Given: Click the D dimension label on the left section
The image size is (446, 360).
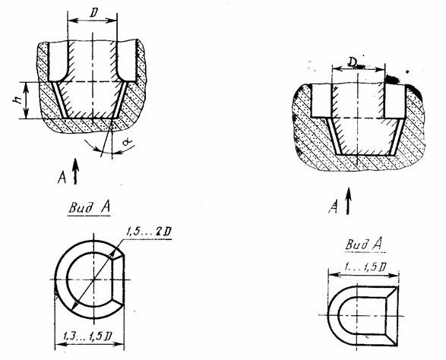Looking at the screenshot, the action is tap(93, 14).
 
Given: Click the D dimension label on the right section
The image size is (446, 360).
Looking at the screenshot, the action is tap(353, 62).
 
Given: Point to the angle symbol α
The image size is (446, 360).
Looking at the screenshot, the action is tap(127, 141).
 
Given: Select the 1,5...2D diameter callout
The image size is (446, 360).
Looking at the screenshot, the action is tap(148, 232).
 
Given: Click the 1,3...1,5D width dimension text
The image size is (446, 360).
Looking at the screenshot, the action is tap(87, 337).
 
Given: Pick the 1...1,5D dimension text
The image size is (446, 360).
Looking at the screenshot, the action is tap(365, 267).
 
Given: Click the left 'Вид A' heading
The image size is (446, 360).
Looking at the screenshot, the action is tap(89, 207).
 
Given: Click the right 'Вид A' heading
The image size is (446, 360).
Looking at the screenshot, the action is tap(364, 245).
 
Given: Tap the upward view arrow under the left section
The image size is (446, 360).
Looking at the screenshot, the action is tap(75, 171).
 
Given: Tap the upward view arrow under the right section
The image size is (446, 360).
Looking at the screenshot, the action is tap(348, 201).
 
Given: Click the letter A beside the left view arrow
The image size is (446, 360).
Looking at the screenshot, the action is tap(62, 178).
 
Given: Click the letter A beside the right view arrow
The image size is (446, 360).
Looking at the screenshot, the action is tap(334, 207).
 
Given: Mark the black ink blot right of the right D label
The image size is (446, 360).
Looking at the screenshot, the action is tap(393, 79).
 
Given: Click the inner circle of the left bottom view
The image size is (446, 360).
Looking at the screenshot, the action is tap(67, 280).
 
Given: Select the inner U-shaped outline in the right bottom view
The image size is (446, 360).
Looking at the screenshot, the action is tap(339, 315).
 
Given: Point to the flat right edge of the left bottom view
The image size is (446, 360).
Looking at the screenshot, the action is tap(124, 280).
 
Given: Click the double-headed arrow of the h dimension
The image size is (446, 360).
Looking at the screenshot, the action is tap(26, 100).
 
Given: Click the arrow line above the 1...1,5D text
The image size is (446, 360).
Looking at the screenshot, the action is tap(363, 275).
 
